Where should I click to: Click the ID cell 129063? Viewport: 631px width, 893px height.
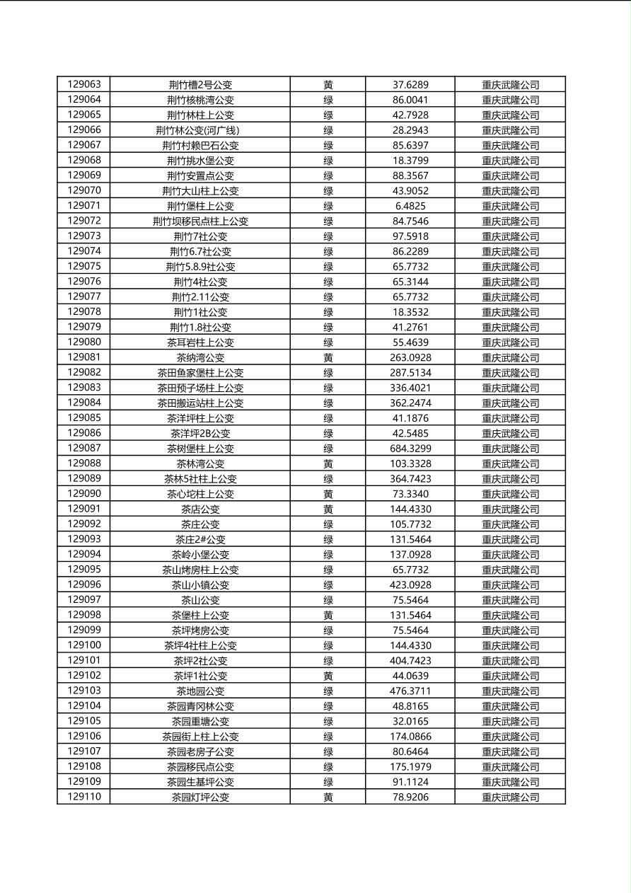pos(84,84)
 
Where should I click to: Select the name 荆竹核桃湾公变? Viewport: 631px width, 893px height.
pos(200,100)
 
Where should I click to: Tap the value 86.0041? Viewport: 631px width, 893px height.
pos(410,100)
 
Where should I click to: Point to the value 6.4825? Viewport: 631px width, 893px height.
pos(410,206)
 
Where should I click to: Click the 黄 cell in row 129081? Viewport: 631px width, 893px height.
pos(328,357)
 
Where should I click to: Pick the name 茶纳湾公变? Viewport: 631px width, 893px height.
pos(200,357)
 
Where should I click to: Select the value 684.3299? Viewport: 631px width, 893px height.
pos(410,448)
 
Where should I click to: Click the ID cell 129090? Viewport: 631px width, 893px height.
pos(84,494)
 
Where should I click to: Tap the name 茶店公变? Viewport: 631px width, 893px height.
pos(200,509)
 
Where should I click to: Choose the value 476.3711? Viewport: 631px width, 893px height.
pos(410,691)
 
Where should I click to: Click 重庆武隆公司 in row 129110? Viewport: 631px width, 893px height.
pos(510,797)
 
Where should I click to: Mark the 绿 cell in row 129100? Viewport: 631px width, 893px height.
pos(328,645)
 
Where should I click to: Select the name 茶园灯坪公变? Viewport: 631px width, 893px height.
pos(200,797)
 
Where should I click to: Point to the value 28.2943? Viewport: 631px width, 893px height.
pos(410,130)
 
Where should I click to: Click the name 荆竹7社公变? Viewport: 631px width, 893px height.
pos(200,236)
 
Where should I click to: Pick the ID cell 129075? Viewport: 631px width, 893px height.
pos(84,267)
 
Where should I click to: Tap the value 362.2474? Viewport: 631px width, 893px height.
pos(410,403)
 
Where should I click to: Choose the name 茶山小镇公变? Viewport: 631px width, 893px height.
pos(200,584)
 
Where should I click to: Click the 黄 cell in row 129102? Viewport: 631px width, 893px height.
pos(328,676)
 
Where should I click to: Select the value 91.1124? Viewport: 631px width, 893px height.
pos(410,782)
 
